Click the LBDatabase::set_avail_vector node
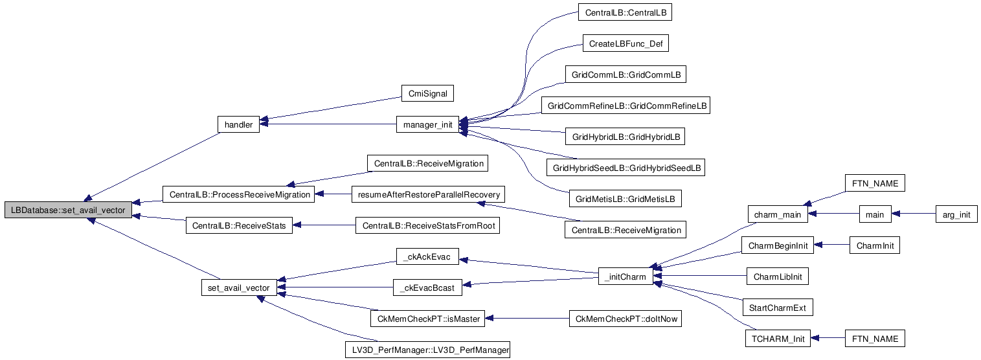[x=68, y=211]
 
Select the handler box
[x=238, y=124]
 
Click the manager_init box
[x=427, y=124]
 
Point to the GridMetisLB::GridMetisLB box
[x=624, y=198]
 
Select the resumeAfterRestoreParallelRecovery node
[x=428, y=194]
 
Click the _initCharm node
[x=624, y=277]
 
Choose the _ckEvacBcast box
[x=428, y=287]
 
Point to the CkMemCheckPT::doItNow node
[x=624, y=319]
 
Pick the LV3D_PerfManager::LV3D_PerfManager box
[x=428, y=350]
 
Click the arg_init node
[x=956, y=214]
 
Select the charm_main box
[x=774, y=214]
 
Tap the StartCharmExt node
[x=777, y=308]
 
